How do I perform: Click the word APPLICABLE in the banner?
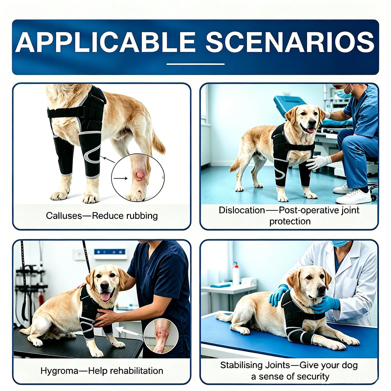click(x=105, y=42)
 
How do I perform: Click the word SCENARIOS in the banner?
click(x=290, y=42)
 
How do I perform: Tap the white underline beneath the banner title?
click(x=195, y=64)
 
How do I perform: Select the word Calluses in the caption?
click(x=64, y=215)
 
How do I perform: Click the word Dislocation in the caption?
click(x=242, y=210)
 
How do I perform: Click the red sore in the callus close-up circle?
click(x=139, y=175)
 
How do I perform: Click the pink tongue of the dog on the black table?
click(x=106, y=296)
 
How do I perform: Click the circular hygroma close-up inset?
click(x=161, y=336)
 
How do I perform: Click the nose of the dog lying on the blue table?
click(x=321, y=288)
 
